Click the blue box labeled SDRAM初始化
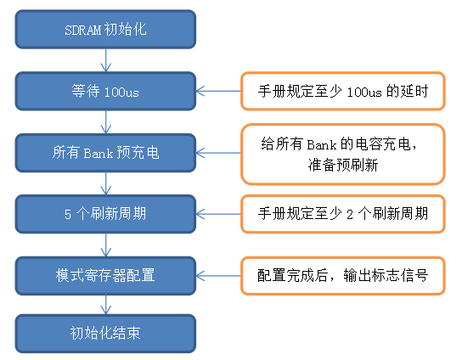[x=105, y=30]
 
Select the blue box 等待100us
[x=105, y=91]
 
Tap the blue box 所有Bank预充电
[x=105, y=153]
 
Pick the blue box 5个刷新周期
[x=105, y=214]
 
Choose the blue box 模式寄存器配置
[x=105, y=275]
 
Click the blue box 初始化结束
[x=105, y=332]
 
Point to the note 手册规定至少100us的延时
[x=342, y=91]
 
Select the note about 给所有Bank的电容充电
[x=342, y=153]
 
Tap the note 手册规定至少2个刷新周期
[x=342, y=214]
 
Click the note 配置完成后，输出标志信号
[x=342, y=275]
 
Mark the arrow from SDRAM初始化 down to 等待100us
[x=105, y=60]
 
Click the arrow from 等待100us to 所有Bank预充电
[x=105, y=121]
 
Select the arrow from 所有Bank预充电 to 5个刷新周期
[x=105, y=183]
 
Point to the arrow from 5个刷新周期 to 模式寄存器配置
[x=105, y=245]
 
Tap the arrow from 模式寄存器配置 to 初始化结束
[x=105, y=304]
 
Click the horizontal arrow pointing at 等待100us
[x=218, y=91]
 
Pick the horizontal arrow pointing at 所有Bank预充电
[x=218, y=153]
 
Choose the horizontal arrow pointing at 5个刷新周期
[x=218, y=214]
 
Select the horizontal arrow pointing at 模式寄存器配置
[x=218, y=275]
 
